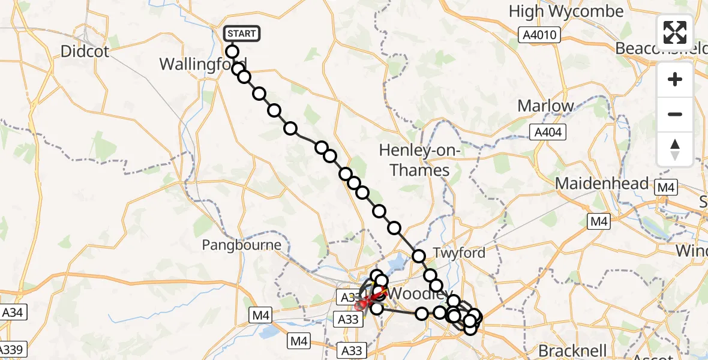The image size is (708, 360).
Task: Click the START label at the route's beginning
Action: point(242,34)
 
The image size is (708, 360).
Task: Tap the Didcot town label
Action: point(85,52)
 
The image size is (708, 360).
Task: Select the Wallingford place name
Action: point(203,64)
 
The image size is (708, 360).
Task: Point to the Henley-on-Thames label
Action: point(419,160)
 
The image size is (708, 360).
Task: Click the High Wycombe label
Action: point(566,11)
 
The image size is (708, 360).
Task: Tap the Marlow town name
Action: point(545,106)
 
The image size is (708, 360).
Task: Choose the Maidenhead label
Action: point(602,184)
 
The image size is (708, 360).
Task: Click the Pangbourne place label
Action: point(241,245)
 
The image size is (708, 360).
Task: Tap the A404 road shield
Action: point(548,132)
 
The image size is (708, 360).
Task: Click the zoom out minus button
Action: point(675,114)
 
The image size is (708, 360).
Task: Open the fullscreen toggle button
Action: point(675,32)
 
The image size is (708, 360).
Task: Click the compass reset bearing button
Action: point(675,149)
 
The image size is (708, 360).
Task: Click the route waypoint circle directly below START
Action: point(232,52)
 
